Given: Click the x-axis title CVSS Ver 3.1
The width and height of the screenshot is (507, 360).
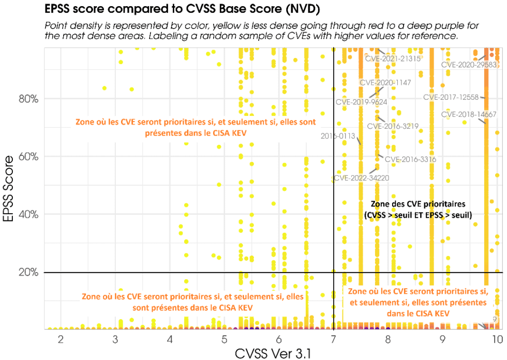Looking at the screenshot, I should [x=274, y=353].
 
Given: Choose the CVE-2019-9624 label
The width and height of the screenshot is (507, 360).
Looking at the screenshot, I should [x=361, y=102].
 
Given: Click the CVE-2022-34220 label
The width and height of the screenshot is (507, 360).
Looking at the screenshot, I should [x=361, y=178].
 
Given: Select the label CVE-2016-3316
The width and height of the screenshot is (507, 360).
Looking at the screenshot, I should [x=410, y=159].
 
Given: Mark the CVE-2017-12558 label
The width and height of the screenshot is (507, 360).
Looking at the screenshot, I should [x=451, y=97].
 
